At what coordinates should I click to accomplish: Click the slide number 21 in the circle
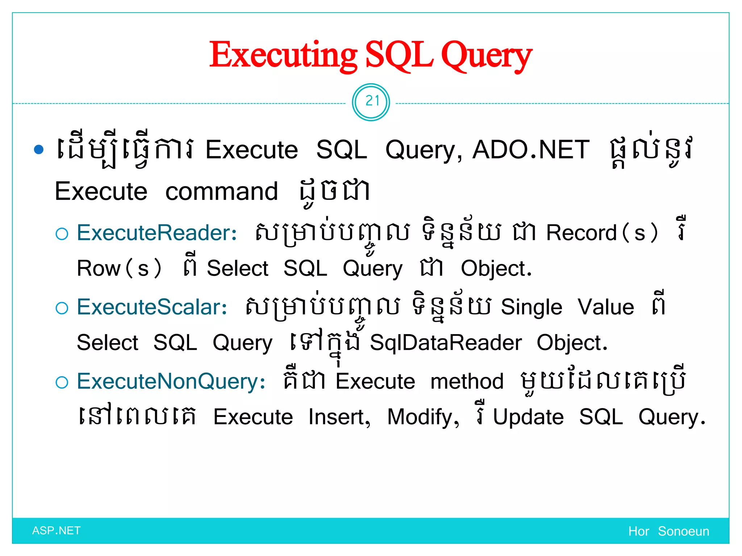pos(371,101)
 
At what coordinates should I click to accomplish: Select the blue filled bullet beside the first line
pos(39,149)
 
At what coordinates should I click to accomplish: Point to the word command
pos(221,191)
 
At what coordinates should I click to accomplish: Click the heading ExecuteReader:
pos(157,233)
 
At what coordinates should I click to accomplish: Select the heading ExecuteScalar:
pos(152,307)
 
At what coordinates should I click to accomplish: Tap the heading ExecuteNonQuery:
pos(171,382)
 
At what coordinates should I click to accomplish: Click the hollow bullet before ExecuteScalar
pos(62,308)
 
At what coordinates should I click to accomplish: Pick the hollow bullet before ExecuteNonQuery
pos(62,382)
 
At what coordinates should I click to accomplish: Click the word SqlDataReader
pos(446,343)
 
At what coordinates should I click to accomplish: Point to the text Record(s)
pos(602,233)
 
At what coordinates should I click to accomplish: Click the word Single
pos(532,307)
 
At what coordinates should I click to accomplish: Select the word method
pos(467,382)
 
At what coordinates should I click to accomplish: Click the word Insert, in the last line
pos(339,417)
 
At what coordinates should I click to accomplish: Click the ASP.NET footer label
pos(56,531)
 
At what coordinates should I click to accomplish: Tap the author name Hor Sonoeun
pos(668,531)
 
